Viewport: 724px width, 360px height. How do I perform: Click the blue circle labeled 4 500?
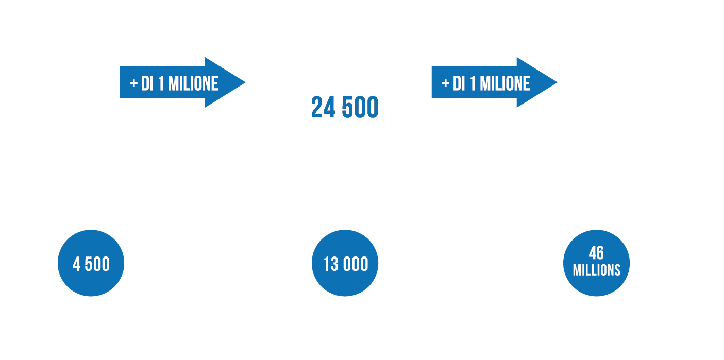point(91,263)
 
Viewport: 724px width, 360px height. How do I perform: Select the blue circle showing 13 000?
point(345,263)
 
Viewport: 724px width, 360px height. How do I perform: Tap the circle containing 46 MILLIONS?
point(596,263)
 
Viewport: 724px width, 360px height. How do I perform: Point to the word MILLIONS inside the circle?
point(597,270)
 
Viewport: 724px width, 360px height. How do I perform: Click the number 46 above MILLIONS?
point(596,253)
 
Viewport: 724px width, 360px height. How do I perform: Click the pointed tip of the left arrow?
point(245,82)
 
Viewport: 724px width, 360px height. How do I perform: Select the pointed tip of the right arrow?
point(557,82)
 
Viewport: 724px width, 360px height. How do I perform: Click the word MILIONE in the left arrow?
point(193,84)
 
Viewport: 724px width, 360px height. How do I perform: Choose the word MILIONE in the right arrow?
point(505,84)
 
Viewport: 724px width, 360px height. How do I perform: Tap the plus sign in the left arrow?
point(133,83)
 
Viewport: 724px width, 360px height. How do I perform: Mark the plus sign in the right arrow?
point(445,83)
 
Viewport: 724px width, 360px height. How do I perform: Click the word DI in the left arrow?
point(147,84)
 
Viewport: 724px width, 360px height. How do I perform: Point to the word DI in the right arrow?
point(459,84)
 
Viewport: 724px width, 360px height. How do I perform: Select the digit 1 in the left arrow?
point(161,84)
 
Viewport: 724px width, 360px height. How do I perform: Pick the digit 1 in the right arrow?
point(473,84)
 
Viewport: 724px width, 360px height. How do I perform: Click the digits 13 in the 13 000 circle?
point(331,264)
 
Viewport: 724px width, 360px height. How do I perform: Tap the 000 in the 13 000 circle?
point(356,264)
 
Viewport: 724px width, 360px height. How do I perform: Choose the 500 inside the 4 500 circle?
point(97,264)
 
